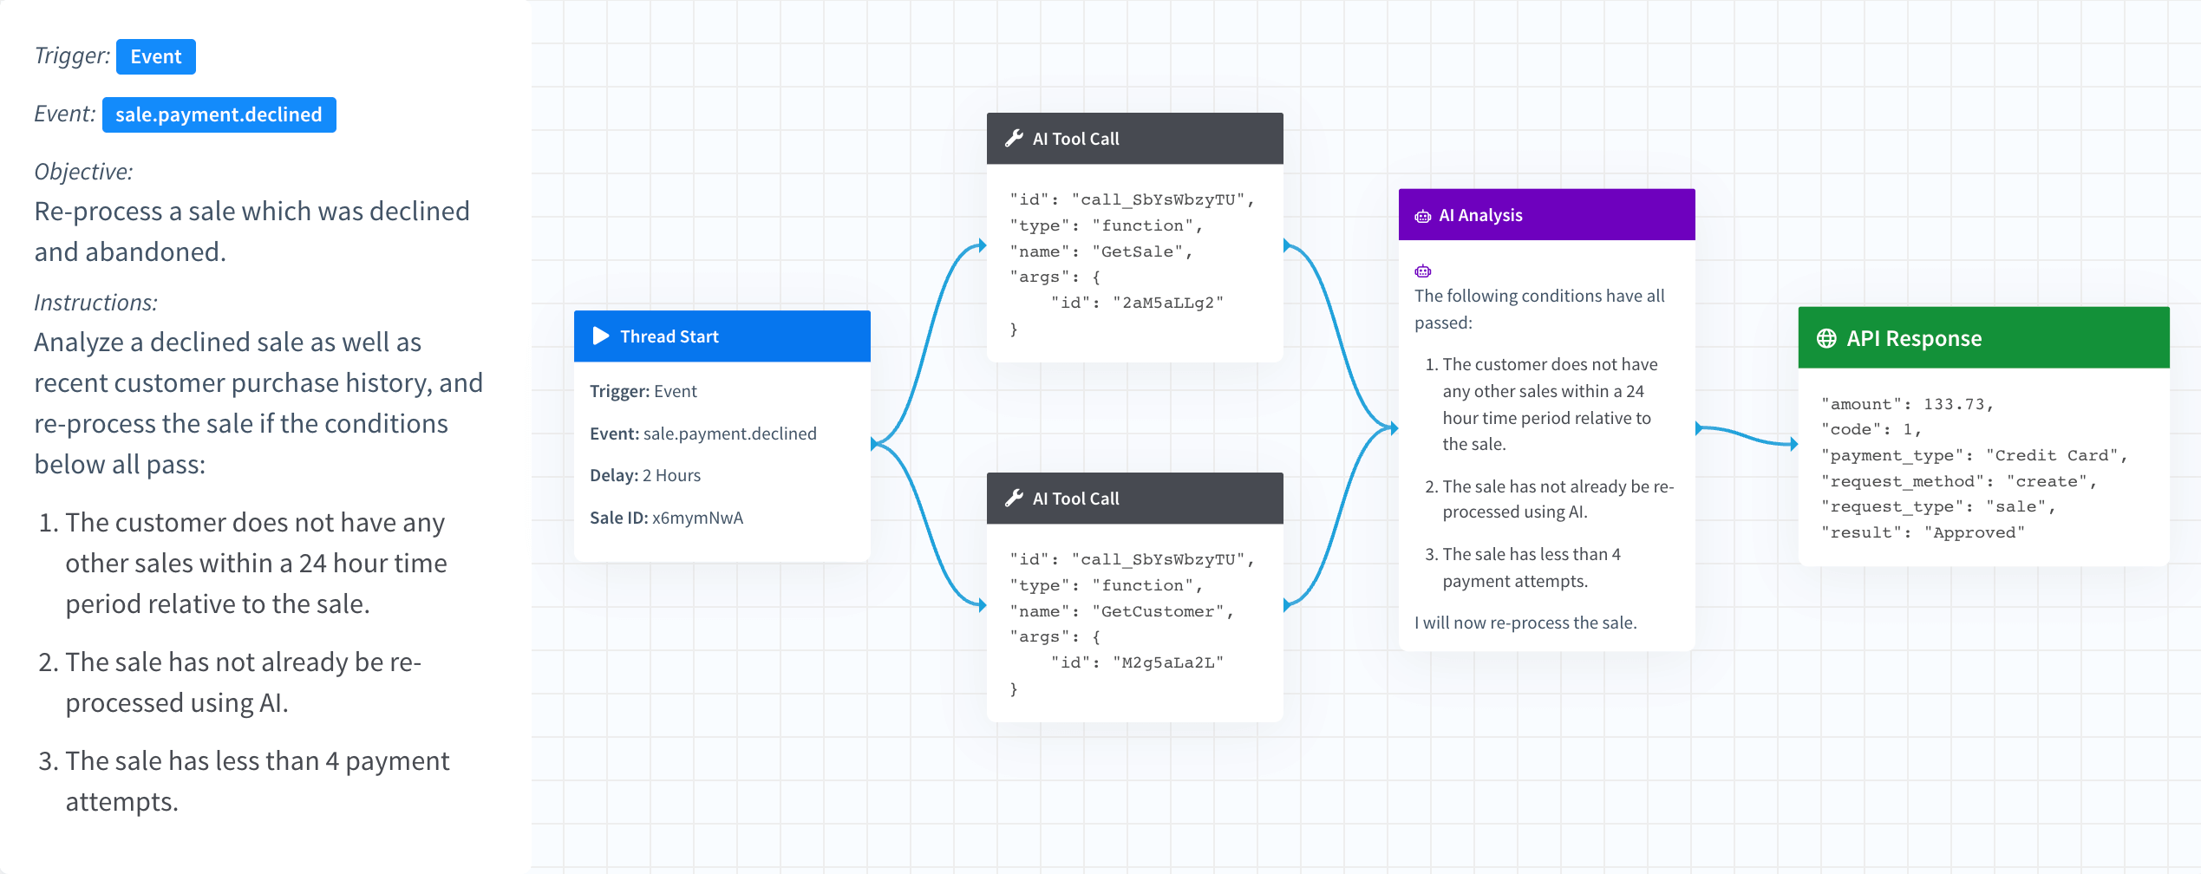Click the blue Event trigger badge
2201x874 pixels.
tap(156, 57)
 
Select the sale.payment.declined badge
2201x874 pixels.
tap(219, 114)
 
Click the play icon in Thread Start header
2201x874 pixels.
tap(601, 336)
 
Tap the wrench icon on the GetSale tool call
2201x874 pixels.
tap(1014, 138)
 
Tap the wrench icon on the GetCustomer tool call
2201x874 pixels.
tap(1014, 498)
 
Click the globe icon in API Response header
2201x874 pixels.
tap(1826, 338)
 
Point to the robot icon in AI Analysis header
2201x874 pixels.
tap(1423, 216)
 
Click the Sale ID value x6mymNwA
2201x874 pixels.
tap(697, 518)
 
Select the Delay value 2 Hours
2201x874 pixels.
tap(671, 475)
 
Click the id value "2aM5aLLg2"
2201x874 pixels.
tap(1168, 303)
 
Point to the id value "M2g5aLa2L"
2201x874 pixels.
tap(1168, 662)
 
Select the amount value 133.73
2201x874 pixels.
tap(1954, 404)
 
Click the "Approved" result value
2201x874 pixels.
tap(1974, 532)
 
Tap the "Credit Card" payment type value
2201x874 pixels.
tap(2050, 455)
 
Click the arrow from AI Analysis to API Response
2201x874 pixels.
tap(1747, 435)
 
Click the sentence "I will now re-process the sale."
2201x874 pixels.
tap(1525, 623)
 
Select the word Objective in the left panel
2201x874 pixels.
tap(83, 172)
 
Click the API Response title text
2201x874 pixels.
tap(1914, 338)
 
